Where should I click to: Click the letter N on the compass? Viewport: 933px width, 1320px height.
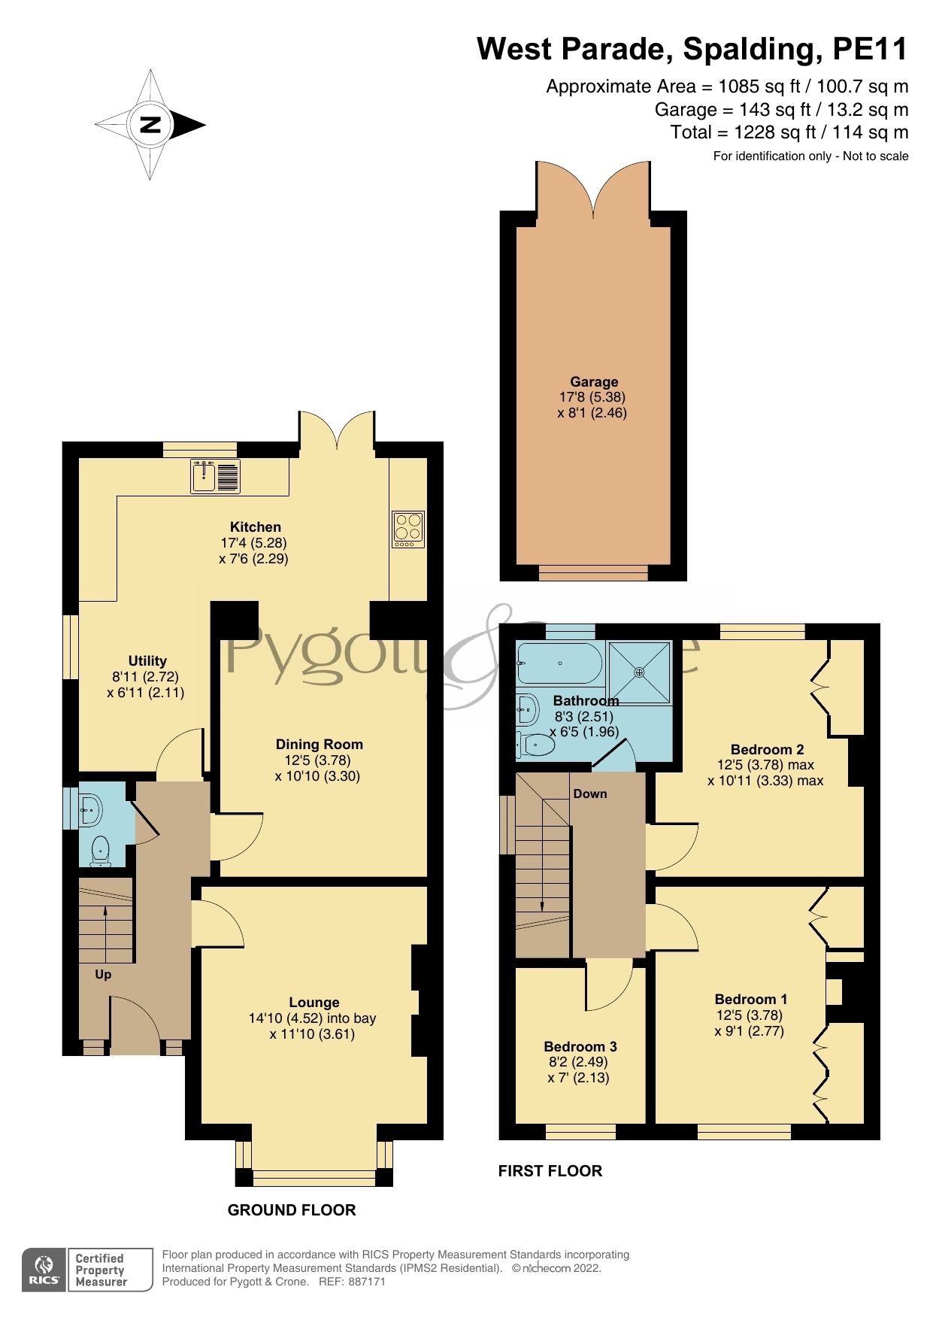[151, 125]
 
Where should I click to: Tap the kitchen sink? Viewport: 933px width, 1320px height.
[215, 476]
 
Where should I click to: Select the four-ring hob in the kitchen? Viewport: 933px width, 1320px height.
[408, 529]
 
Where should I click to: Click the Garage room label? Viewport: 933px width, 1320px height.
[593, 381]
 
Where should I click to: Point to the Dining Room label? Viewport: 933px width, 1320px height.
[319, 744]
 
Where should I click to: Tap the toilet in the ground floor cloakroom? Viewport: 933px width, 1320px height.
[100, 851]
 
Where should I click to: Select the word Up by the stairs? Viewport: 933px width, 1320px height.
[103, 974]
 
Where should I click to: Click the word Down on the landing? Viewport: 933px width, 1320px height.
[589, 794]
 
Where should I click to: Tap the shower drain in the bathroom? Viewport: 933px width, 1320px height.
[639, 672]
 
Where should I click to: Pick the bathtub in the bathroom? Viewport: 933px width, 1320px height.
[559, 663]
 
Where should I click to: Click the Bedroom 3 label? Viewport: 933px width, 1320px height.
[580, 1046]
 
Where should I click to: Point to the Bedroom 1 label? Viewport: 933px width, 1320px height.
[750, 999]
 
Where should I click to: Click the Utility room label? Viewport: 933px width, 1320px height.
[147, 660]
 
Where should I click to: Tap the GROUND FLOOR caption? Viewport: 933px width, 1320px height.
[292, 1209]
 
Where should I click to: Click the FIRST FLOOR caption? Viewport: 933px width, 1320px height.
[550, 1170]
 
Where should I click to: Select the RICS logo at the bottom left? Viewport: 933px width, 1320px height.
[44, 1270]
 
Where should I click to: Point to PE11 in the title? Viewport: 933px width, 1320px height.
[870, 49]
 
